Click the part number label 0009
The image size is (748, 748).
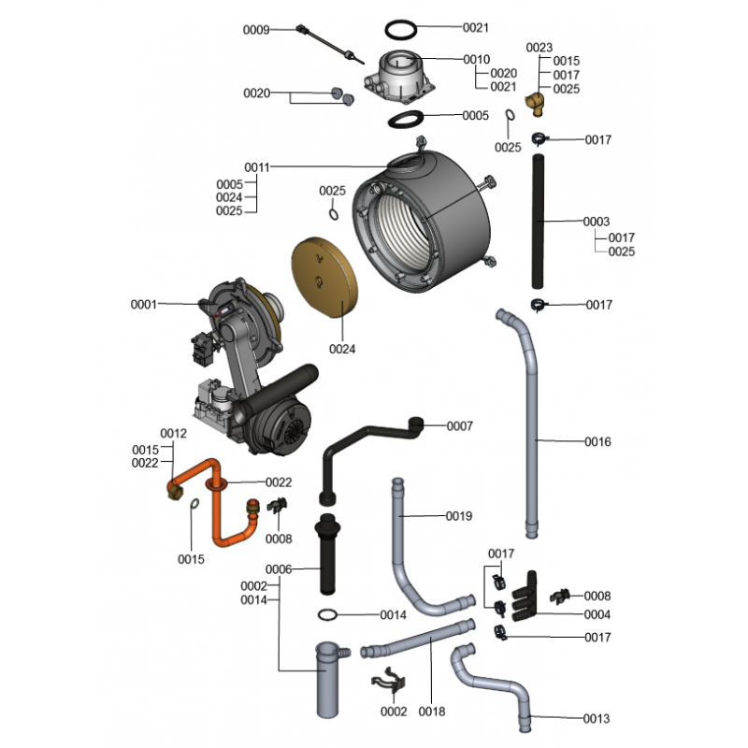[256, 30]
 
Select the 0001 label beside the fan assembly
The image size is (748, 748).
[145, 304]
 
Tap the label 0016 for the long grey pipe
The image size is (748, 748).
[598, 441]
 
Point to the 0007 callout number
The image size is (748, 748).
[460, 426]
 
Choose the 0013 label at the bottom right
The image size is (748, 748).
[597, 719]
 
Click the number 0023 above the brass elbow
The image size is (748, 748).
[539, 48]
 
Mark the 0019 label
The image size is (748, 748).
[459, 516]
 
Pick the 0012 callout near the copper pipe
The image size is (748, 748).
[174, 434]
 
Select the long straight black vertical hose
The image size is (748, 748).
[539, 222]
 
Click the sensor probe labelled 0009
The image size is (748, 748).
[327, 44]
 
